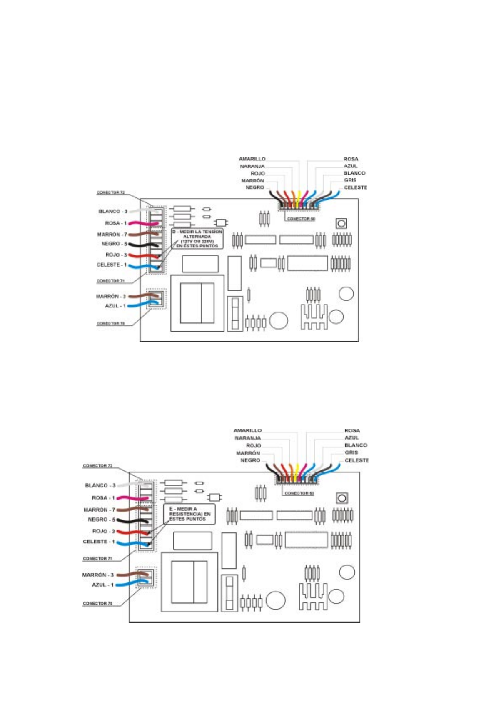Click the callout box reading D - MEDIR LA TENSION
click(x=197, y=238)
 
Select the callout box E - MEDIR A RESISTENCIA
click(x=189, y=515)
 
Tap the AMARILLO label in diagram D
click(x=252, y=159)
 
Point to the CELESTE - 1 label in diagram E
click(x=98, y=542)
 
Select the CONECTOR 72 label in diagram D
click(x=110, y=193)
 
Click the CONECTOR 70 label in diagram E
click(x=97, y=603)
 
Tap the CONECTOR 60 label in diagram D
click(x=301, y=219)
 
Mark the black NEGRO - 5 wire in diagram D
click(x=142, y=245)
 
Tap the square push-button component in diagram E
click(x=342, y=498)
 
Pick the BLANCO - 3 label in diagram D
click(x=113, y=212)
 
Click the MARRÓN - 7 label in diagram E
click(x=99, y=510)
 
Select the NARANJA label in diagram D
click(x=252, y=167)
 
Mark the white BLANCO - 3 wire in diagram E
click(x=129, y=485)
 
